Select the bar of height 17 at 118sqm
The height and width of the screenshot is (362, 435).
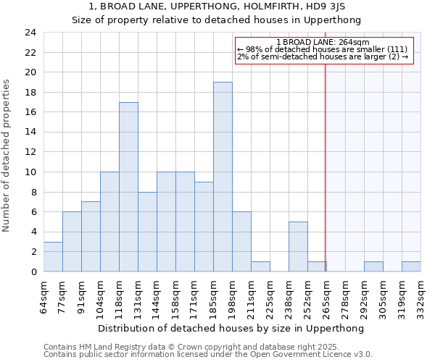(128, 187)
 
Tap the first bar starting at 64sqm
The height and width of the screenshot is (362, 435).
(53, 256)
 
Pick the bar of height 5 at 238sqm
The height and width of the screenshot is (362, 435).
(298, 246)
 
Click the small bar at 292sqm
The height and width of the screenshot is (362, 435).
(373, 266)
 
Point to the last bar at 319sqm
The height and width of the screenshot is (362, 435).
(411, 266)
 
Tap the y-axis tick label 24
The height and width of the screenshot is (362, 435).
(30, 33)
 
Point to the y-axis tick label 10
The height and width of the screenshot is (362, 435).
(30, 172)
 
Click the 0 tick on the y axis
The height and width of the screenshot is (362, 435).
(33, 271)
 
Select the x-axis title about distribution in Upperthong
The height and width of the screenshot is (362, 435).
(231, 328)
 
